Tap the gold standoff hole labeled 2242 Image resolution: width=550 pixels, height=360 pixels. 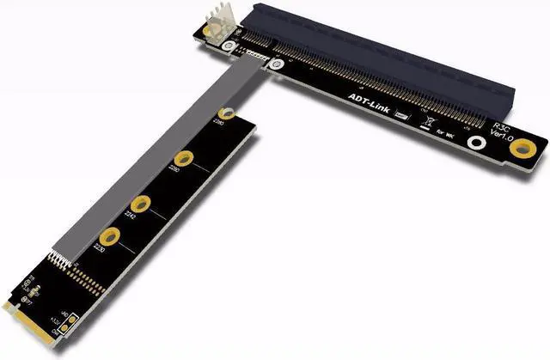point(144,203)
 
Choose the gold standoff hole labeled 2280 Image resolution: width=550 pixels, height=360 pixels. point(227,113)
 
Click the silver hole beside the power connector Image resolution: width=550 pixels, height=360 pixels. point(230,47)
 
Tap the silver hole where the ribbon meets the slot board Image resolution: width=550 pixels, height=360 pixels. point(274,65)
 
